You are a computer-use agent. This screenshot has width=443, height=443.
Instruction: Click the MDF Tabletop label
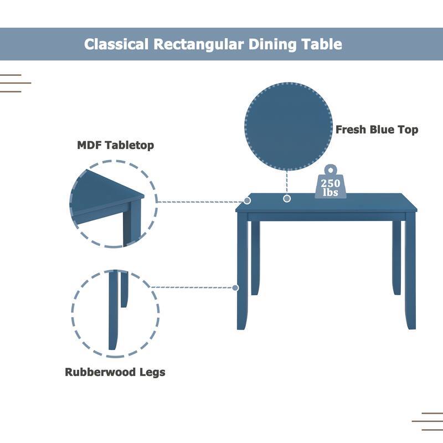click(115, 146)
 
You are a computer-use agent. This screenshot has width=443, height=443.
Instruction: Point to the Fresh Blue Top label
click(377, 130)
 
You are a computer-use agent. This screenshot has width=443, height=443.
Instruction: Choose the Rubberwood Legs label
click(115, 372)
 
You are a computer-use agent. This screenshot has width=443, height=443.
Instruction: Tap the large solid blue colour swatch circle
click(289, 126)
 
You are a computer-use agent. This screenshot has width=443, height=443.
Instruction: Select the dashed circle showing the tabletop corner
click(114, 203)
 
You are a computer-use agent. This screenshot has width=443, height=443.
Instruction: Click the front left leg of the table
click(243, 271)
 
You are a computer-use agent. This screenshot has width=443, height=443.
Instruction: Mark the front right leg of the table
click(410, 271)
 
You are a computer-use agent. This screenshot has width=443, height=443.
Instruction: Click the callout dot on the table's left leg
click(236, 287)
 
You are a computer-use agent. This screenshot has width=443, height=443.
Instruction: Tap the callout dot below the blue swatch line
click(287, 198)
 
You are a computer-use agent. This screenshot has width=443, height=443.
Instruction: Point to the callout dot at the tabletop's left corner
click(247, 200)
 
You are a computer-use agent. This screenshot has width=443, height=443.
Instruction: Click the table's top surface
click(327, 203)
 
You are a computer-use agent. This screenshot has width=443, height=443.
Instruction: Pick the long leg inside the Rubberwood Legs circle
click(113, 310)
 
